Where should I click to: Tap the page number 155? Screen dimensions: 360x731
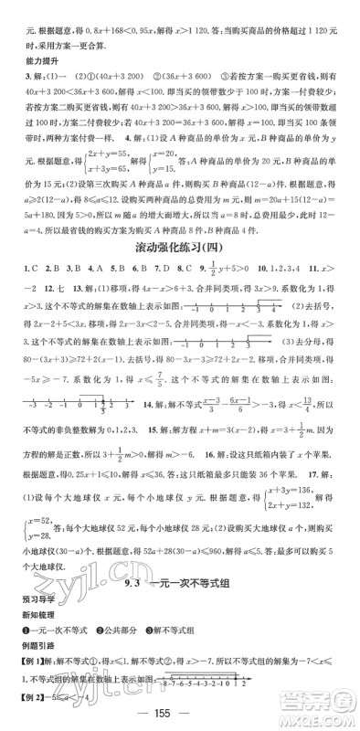point(180,715)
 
